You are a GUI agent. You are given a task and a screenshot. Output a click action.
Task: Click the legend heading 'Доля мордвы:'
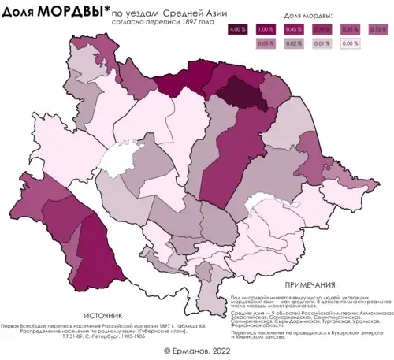[307, 16]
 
